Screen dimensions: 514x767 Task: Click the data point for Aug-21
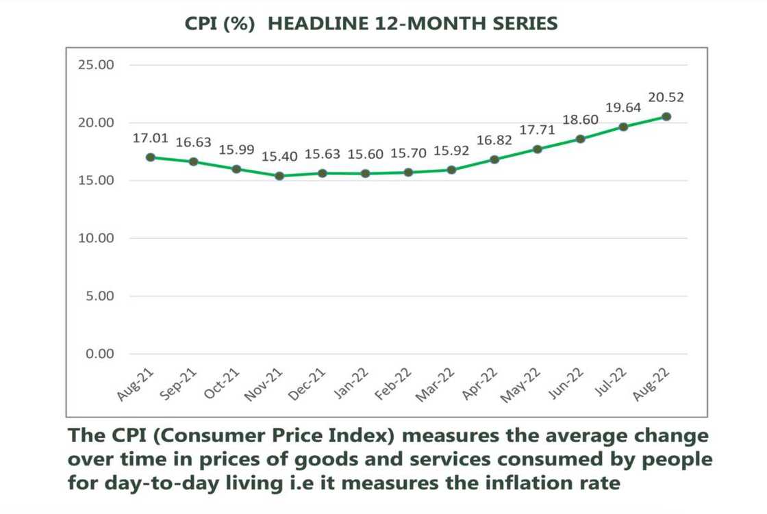[x=150, y=157]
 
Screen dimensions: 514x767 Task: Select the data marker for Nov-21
[x=279, y=176]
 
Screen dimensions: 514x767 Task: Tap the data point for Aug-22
[x=666, y=116]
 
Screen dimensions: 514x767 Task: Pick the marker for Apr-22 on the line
[x=494, y=159]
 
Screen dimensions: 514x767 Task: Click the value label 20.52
[x=666, y=97]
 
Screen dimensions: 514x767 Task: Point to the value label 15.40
[x=279, y=157]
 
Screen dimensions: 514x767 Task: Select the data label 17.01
[x=150, y=138]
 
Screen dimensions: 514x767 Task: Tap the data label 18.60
[x=580, y=120]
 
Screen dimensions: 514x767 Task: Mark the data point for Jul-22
[x=623, y=127]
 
